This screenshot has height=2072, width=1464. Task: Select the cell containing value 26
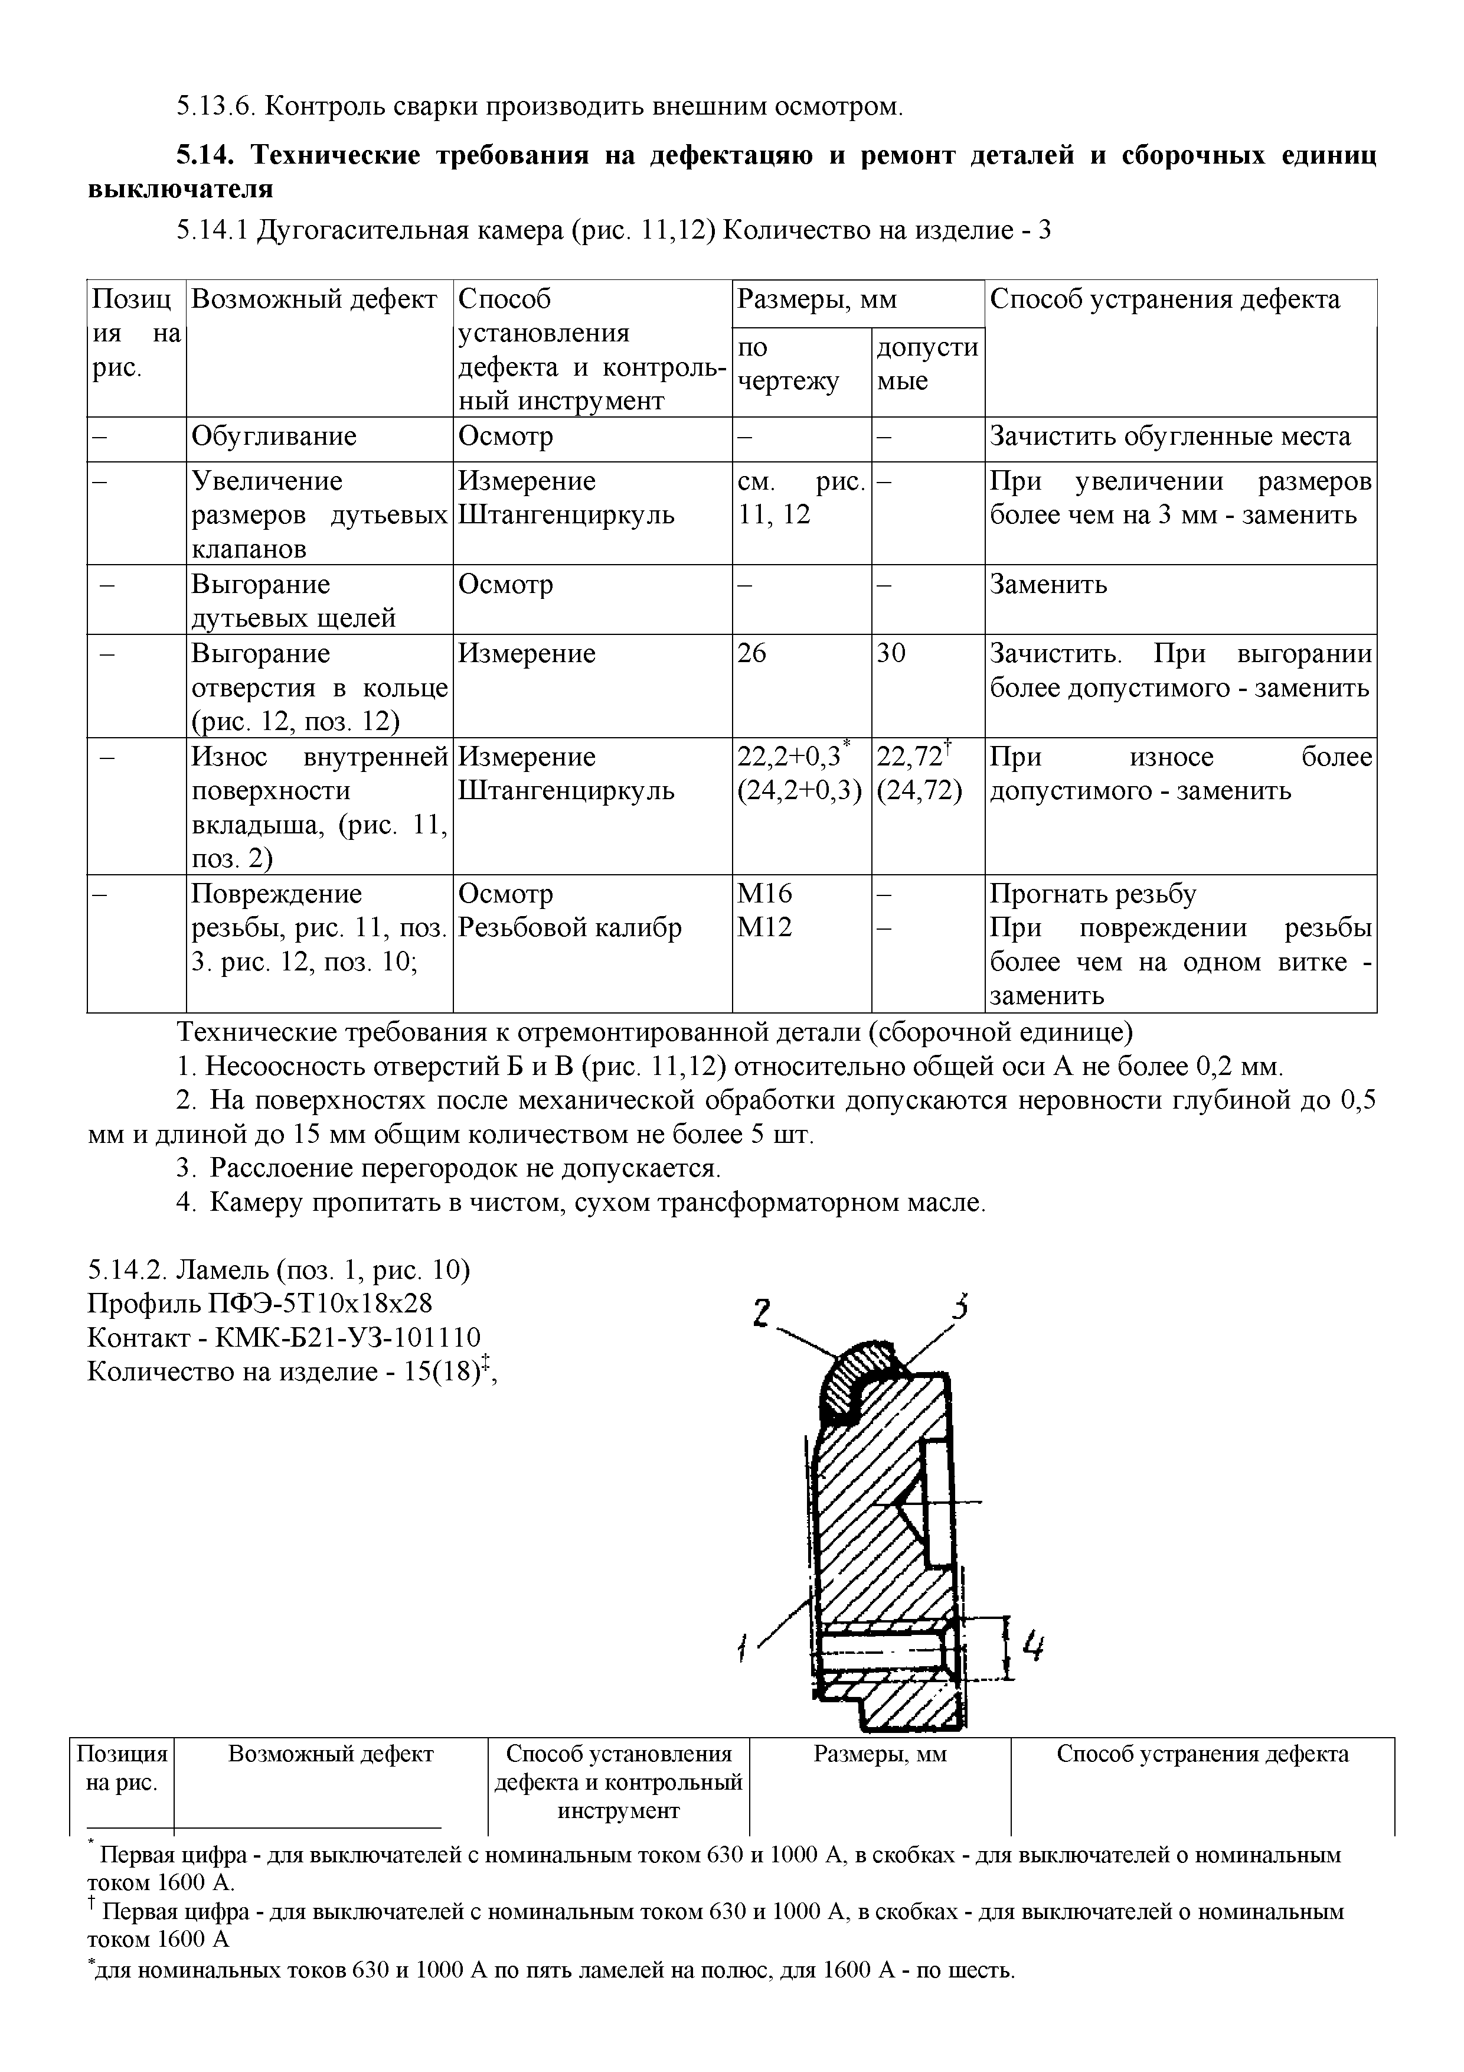751,653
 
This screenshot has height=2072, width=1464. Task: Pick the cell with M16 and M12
766,911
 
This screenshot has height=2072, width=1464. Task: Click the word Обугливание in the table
274,436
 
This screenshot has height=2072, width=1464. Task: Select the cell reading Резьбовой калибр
570,928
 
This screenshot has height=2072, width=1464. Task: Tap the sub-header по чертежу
787,364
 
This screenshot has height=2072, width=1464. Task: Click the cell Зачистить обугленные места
1170,436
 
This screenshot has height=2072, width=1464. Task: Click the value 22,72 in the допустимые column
909,756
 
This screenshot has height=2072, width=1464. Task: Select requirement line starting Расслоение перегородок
465,1169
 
